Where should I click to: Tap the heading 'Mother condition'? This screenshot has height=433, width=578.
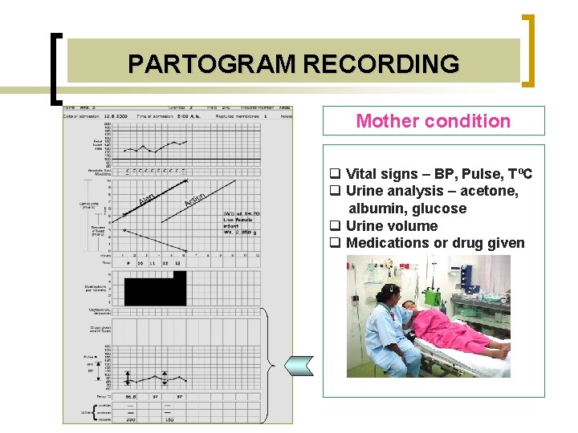pos(433,121)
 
